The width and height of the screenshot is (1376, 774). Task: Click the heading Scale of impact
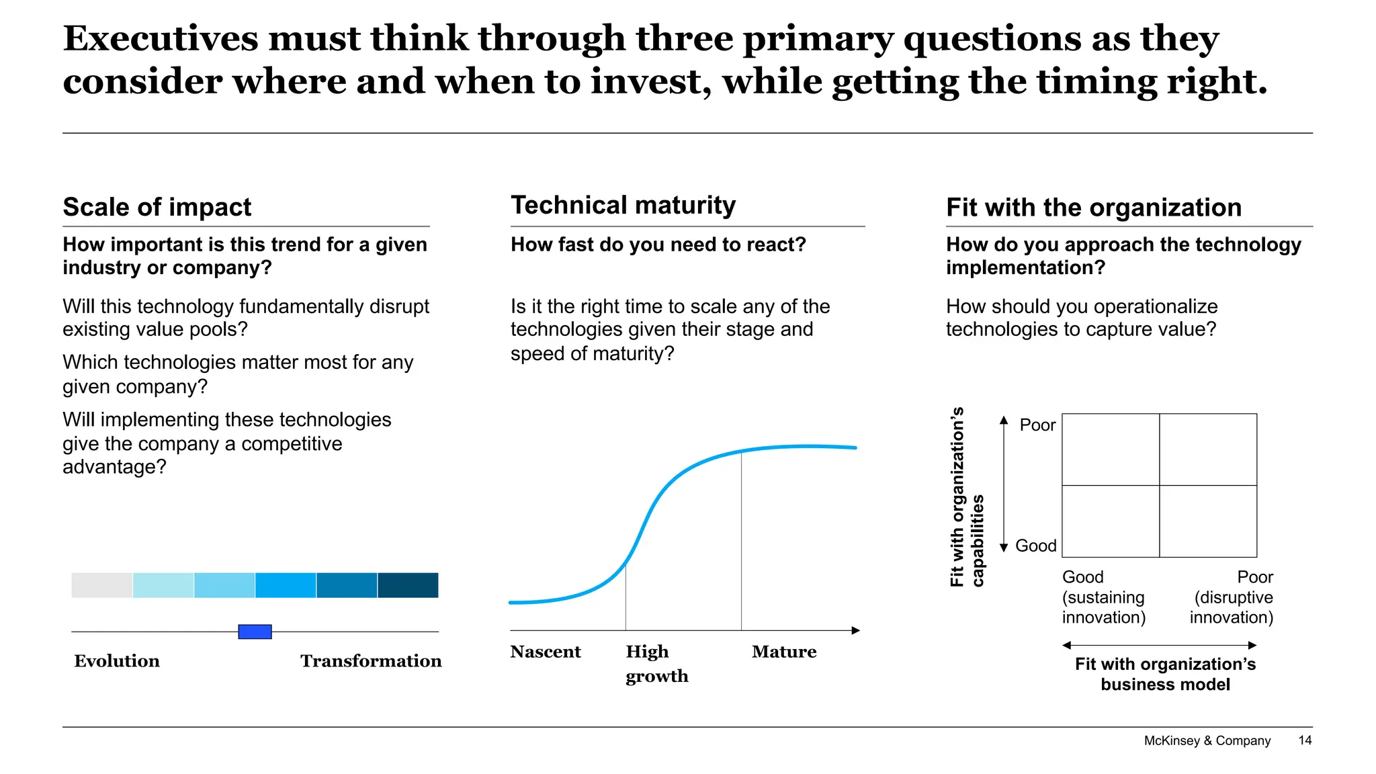point(157,207)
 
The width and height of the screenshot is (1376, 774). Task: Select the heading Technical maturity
point(623,205)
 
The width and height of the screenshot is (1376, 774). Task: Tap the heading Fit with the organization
point(1093,208)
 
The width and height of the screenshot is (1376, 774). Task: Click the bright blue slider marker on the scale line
point(255,632)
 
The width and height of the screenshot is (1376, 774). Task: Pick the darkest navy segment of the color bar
point(408,585)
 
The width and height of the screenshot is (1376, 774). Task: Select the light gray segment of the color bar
point(102,585)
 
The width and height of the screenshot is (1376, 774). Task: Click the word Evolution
point(117,661)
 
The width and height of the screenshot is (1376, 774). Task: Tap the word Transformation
point(371,661)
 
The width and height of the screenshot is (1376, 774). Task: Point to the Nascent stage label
point(545,652)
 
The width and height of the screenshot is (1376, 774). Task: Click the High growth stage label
point(656,664)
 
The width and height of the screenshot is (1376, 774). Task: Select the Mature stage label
point(784,652)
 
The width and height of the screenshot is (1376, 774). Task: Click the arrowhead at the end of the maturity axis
point(856,630)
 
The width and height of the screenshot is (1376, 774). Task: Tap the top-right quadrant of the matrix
point(1208,449)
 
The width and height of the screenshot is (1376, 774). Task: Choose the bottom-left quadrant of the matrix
point(1111,521)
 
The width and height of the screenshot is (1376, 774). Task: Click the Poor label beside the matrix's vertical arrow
point(1037,425)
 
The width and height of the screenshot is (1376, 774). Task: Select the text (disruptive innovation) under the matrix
point(1232,607)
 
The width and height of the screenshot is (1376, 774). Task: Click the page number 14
point(1305,740)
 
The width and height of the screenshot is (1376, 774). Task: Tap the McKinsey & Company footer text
point(1207,740)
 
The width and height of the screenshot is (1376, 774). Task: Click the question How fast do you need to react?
point(658,245)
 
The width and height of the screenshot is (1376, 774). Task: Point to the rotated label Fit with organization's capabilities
point(967,497)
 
